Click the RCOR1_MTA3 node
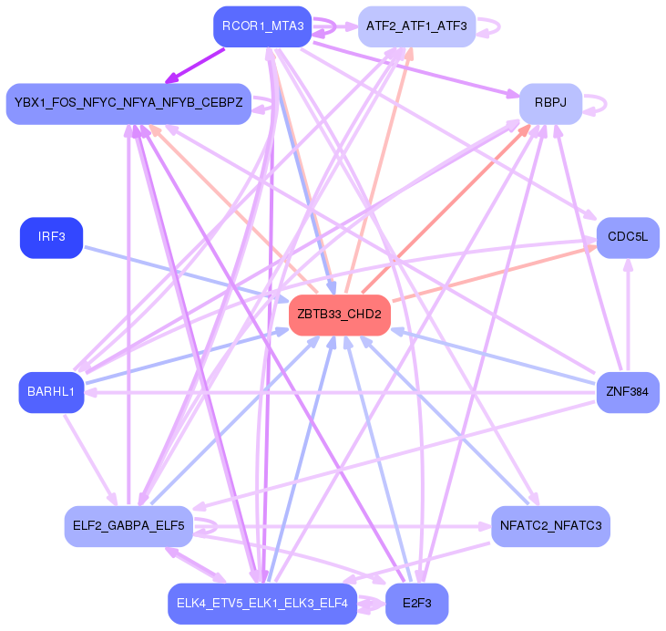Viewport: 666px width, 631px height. [x=263, y=26]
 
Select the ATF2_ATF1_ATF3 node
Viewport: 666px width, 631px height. [x=415, y=26]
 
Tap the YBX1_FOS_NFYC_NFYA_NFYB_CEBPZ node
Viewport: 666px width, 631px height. [x=128, y=104]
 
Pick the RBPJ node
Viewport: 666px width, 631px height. [x=550, y=104]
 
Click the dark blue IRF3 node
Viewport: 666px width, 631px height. [x=51, y=238]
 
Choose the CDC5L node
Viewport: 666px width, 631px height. [x=627, y=238]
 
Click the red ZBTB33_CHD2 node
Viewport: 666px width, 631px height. [x=339, y=315]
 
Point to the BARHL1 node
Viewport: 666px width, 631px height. [x=51, y=392]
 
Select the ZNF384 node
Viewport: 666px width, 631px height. [x=627, y=393]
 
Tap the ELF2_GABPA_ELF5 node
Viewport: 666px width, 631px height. [x=128, y=526]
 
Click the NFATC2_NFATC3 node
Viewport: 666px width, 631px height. [x=550, y=526]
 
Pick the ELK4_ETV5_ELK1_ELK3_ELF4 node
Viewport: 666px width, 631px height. [x=262, y=604]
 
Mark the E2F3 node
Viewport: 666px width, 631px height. [x=416, y=604]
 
